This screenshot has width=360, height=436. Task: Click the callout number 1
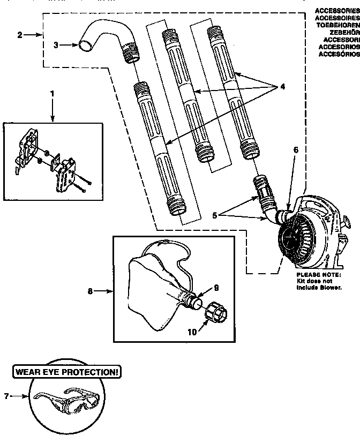[x=52, y=93]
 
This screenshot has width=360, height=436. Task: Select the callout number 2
[x=20, y=35]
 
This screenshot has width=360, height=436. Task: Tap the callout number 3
[x=57, y=46]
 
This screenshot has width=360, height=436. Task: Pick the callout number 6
[x=295, y=152]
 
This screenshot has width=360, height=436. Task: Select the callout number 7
[x=6, y=396]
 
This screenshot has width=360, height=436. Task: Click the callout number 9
[x=216, y=288]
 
